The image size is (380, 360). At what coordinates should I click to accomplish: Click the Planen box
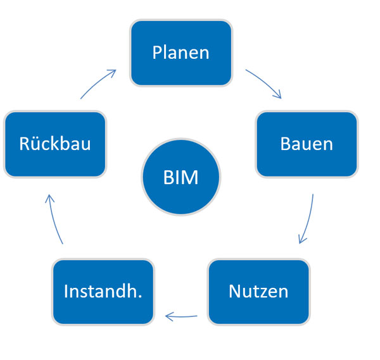click(x=180, y=53)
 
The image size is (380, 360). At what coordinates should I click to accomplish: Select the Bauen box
click(x=307, y=144)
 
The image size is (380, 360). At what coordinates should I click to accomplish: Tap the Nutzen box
click(x=258, y=291)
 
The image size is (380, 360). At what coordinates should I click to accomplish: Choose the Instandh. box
click(x=103, y=291)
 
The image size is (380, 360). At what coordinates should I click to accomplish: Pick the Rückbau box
click(x=54, y=144)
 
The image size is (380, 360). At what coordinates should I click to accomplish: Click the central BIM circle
click(x=180, y=178)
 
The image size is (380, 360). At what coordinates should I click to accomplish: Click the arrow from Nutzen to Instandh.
click(x=180, y=315)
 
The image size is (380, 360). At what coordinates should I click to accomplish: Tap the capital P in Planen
click(x=157, y=53)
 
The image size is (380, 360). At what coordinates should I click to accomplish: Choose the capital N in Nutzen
click(x=234, y=291)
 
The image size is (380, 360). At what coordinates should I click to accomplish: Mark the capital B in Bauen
click(x=285, y=144)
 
